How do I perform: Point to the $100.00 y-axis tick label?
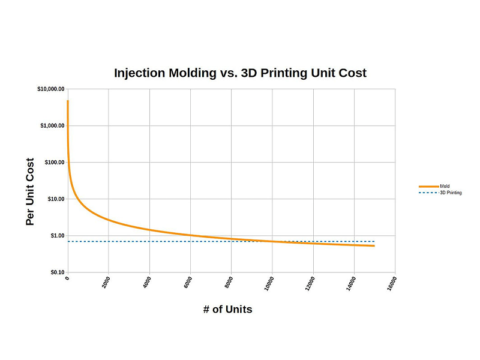pyautogui.click(x=53, y=163)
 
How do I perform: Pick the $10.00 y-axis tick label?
pyautogui.click(x=54, y=199)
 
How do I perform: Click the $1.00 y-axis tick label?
pyautogui.click(x=56, y=236)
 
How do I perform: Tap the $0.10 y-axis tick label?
pyautogui.click(x=56, y=272)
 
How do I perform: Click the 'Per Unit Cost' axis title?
pyautogui.click(x=30, y=191)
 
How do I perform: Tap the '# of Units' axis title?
pyautogui.click(x=228, y=310)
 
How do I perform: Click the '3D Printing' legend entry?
pyautogui.click(x=450, y=193)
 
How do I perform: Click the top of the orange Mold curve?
pyautogui.click(x=67, y=101)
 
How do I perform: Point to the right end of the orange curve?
pyautogui.click(x=374, y=245)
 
